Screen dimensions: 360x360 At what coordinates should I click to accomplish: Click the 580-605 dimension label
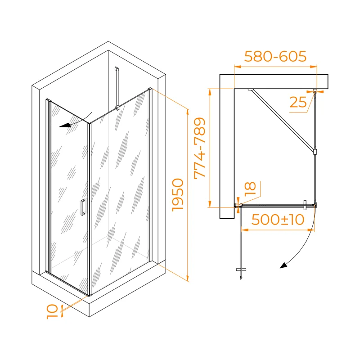click(x=275, y=56)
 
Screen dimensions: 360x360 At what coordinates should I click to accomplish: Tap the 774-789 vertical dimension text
click(x=199, y=148)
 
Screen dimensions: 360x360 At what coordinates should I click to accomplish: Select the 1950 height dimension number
click(x=178, y=195)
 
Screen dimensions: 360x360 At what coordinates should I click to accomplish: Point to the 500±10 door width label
click(x=278, y=220)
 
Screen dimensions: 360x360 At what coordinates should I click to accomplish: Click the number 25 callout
click(x=298, y=102)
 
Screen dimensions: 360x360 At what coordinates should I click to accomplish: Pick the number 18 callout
click(x=250, y=189)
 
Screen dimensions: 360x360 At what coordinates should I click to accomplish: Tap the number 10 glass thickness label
click(x=52, y=311)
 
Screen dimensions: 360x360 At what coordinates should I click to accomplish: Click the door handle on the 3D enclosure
click(x=83, y=207)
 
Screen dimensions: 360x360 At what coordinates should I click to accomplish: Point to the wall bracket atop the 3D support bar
click(x=117, y=69)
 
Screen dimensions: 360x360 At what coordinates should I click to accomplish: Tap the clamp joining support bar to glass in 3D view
click(x=117, y=108)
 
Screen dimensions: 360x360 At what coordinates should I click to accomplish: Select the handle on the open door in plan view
click(x=241, y=270)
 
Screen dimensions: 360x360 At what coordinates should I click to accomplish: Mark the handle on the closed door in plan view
click(x=305, y=205)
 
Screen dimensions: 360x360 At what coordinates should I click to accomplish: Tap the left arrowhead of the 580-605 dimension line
click(x=238, y=67)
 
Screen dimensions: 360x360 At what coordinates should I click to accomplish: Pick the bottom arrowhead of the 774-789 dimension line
click(x=210, y=204)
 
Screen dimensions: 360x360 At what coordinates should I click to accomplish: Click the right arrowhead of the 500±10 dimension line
click(x=311, y=230)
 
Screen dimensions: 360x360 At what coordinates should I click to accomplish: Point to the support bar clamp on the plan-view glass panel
click(x=315, y=152)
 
